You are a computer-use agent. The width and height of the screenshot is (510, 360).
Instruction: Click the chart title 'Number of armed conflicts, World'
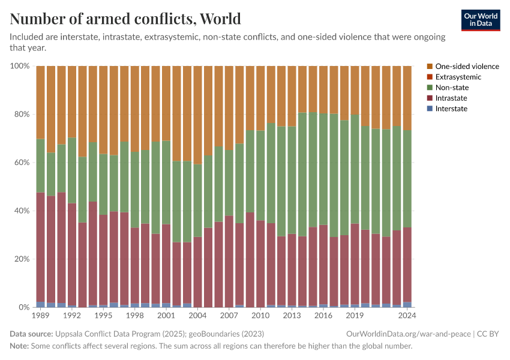(x=125, y=19)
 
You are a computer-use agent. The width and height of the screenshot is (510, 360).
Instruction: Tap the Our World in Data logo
(x=481, y=20)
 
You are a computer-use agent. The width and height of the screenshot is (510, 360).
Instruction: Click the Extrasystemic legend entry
(x=458, y=77)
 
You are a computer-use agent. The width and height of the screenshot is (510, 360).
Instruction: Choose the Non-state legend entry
(x=452, y=88)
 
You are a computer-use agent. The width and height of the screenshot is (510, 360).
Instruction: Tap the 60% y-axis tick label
(x=21, y=163)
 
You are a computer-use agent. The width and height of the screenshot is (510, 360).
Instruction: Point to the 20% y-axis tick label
(x=21, y=259)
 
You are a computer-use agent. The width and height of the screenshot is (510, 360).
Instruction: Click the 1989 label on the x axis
(x=41, y=315)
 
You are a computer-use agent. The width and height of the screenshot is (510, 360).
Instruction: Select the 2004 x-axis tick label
(x=197, y=315)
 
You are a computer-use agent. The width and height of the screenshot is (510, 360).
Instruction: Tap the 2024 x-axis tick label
(x=406, y=315)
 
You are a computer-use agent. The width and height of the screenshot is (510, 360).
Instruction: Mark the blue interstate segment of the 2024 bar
(x=406, y=305)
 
